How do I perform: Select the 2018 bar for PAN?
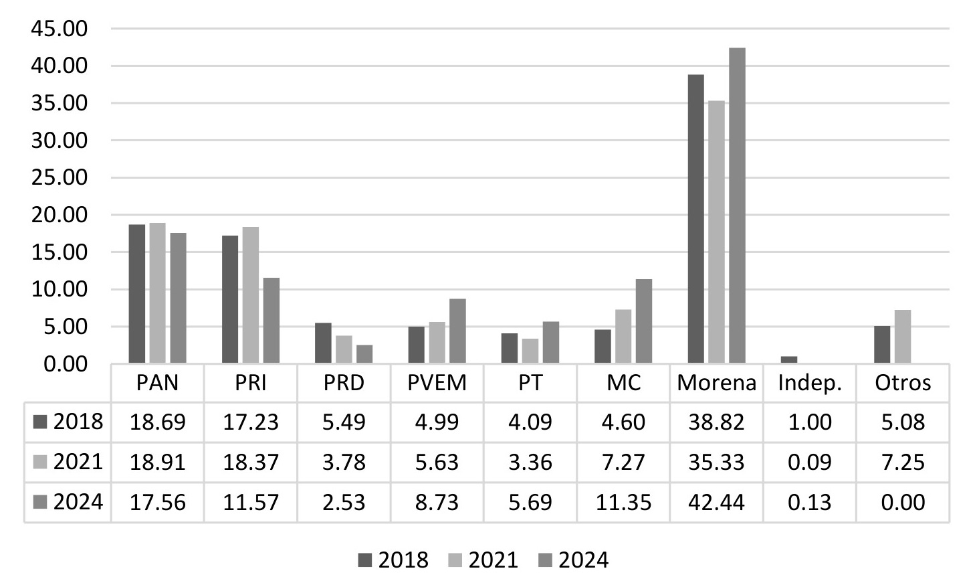point(137,295)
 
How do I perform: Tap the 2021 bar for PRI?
point(251,295)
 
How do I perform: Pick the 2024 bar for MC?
point(644,321)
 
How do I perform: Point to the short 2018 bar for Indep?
point(789,360)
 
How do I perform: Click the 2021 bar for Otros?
point(903,337)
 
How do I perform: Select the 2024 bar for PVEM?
point(457,331)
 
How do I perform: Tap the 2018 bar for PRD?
point(323,343)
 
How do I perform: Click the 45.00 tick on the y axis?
point(59,29)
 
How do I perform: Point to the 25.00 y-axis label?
point(59,178)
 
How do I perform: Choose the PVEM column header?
point(437,383)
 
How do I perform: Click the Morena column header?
point(716,383)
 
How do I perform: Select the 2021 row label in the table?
point(68,462)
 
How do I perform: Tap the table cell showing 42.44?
point(716,502)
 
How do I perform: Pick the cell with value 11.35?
point(623,502)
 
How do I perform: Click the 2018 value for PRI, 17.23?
point(251,422)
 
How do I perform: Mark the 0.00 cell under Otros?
point(903,502)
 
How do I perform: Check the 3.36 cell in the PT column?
point(530,463)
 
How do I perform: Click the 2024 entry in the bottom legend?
point(574,560)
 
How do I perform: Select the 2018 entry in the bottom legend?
point(393,560)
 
